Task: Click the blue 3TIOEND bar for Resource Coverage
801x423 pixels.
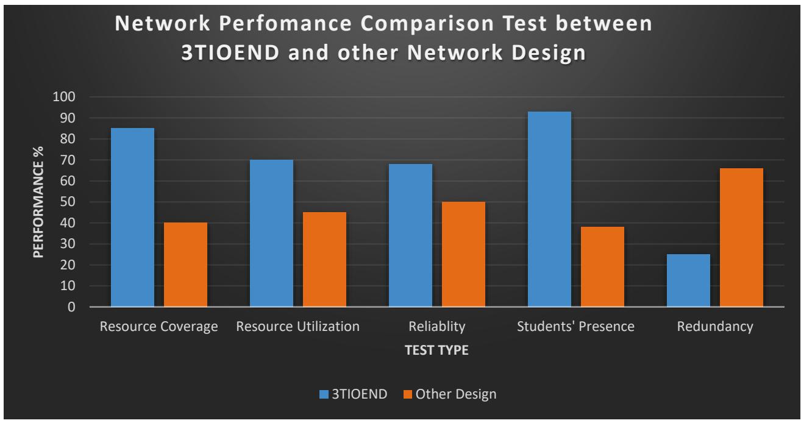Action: click(x=132, y=217)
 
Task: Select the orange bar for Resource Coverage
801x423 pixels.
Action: click(x=185, y=265)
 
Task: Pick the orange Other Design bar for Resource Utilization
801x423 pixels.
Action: click(x=324, y=259)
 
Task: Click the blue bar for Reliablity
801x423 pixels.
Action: click(x=410, y=235)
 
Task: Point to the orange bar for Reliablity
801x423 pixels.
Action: click(x=463, y=254)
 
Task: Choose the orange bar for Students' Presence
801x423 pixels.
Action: click(x=602, y=267)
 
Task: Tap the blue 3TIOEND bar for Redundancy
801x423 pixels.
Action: click(x=688, y=280)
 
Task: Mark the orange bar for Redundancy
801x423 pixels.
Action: click(x=741, y=237)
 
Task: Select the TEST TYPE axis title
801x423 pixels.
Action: click(x=436, y=351)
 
